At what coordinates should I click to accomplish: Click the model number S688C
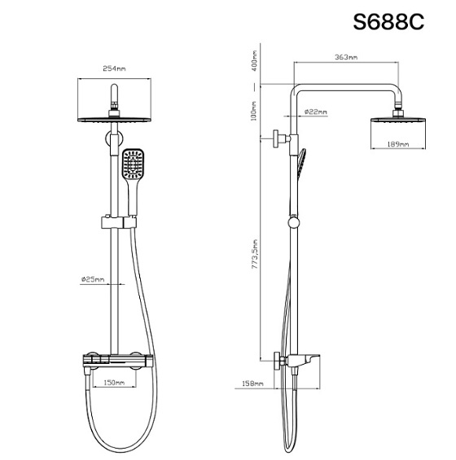[x=388, y=21]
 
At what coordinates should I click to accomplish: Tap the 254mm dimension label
[x=115, y=70]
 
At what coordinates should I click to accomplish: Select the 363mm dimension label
[x=346, y=57]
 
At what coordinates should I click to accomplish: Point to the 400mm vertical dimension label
[x=253, y=61]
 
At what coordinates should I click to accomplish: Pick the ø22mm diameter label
[x=315, y=112]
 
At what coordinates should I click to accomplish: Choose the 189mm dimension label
[x=398, y=143]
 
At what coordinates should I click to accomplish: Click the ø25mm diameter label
[x=92, y=279]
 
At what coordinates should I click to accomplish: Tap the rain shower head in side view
[x=399, y=123]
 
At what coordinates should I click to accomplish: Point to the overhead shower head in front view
[x=115, y=119]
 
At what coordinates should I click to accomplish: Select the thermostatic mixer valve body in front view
[x=114, y=360]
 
